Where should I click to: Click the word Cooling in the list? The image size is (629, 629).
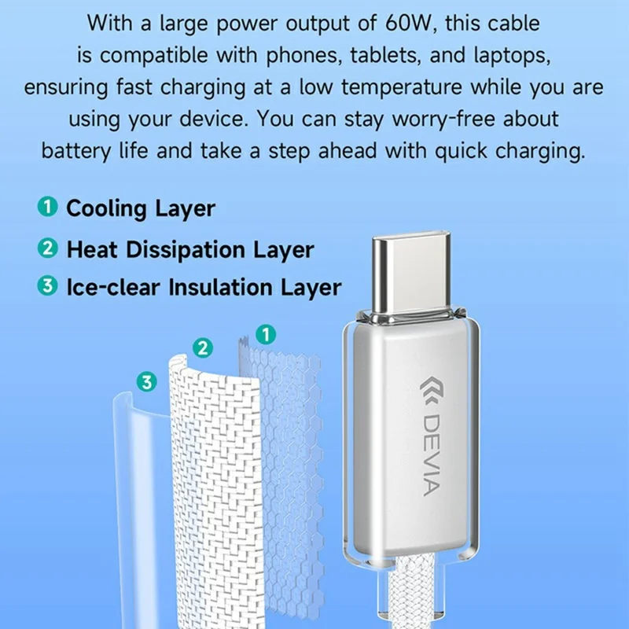(x=106, y=209)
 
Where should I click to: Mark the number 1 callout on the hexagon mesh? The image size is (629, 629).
(x=267, y=334)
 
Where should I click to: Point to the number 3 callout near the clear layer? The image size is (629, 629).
(x=145, y=382)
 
